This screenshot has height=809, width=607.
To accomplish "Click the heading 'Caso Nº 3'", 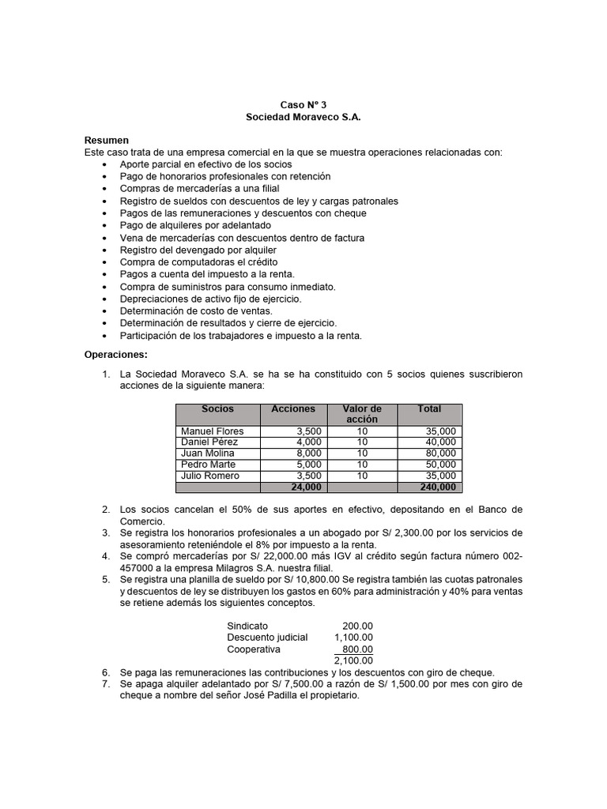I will pyautogui.click(x=303, y=104).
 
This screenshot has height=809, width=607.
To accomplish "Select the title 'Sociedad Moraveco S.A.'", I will pyautogui.click(x=303, y=116).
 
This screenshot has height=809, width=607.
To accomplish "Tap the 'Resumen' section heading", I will pyautogui.click(x=107, y=139).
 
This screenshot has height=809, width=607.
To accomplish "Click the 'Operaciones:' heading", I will pyautogui.click(x=116, y=355).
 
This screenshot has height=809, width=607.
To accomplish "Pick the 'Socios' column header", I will pyautogui.click(x=218, y=409).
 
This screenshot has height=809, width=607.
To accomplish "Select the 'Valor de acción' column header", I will pyautogui.click(x=362, y=414).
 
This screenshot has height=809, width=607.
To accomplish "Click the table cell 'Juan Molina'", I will pyautogui.click(x=208, y=453).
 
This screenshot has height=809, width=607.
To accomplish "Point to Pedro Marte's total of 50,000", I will pyautogui.click(x=439, y=465).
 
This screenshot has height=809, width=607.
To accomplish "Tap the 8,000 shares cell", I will pyautogui.click(x=308, y=453).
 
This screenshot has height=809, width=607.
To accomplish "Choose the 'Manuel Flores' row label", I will pyautogui.click(x=213, y=431).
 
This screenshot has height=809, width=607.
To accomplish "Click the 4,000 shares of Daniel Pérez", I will pyautogui.click(x=308, y=442).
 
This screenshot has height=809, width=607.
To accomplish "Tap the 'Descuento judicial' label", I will pyautogui.click(x=267, y=637).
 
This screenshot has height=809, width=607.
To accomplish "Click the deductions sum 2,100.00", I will pyautogui.click(x=353, y=660).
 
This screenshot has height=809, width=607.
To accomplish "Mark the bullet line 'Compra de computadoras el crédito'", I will pyautogui.click(x=198, y=262).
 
